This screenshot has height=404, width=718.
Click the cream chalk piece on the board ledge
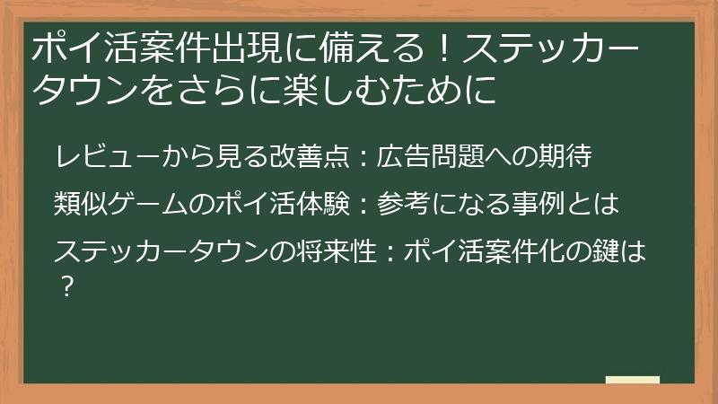pos(631,379)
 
